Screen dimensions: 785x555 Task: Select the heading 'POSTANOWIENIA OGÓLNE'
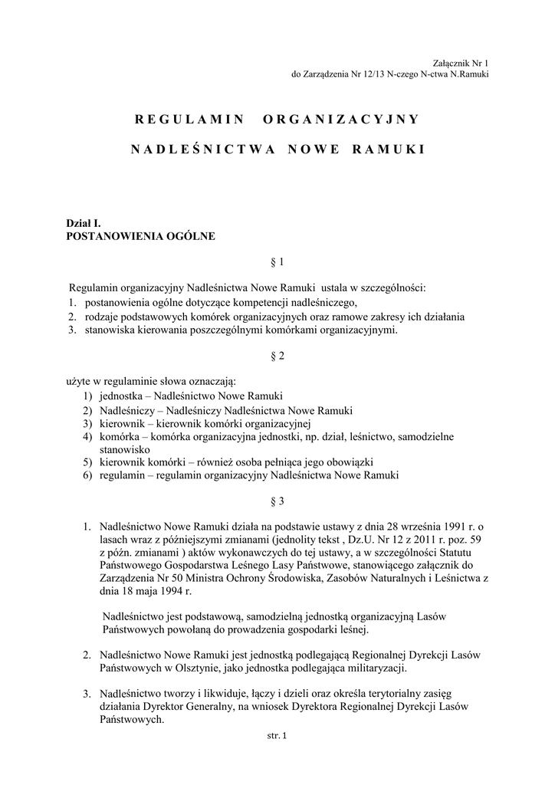coord(142,236)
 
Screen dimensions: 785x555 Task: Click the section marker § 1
coord(277,262)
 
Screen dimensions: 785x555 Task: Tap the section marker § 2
coord(277,356)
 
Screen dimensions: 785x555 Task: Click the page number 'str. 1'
coord(276,737)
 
